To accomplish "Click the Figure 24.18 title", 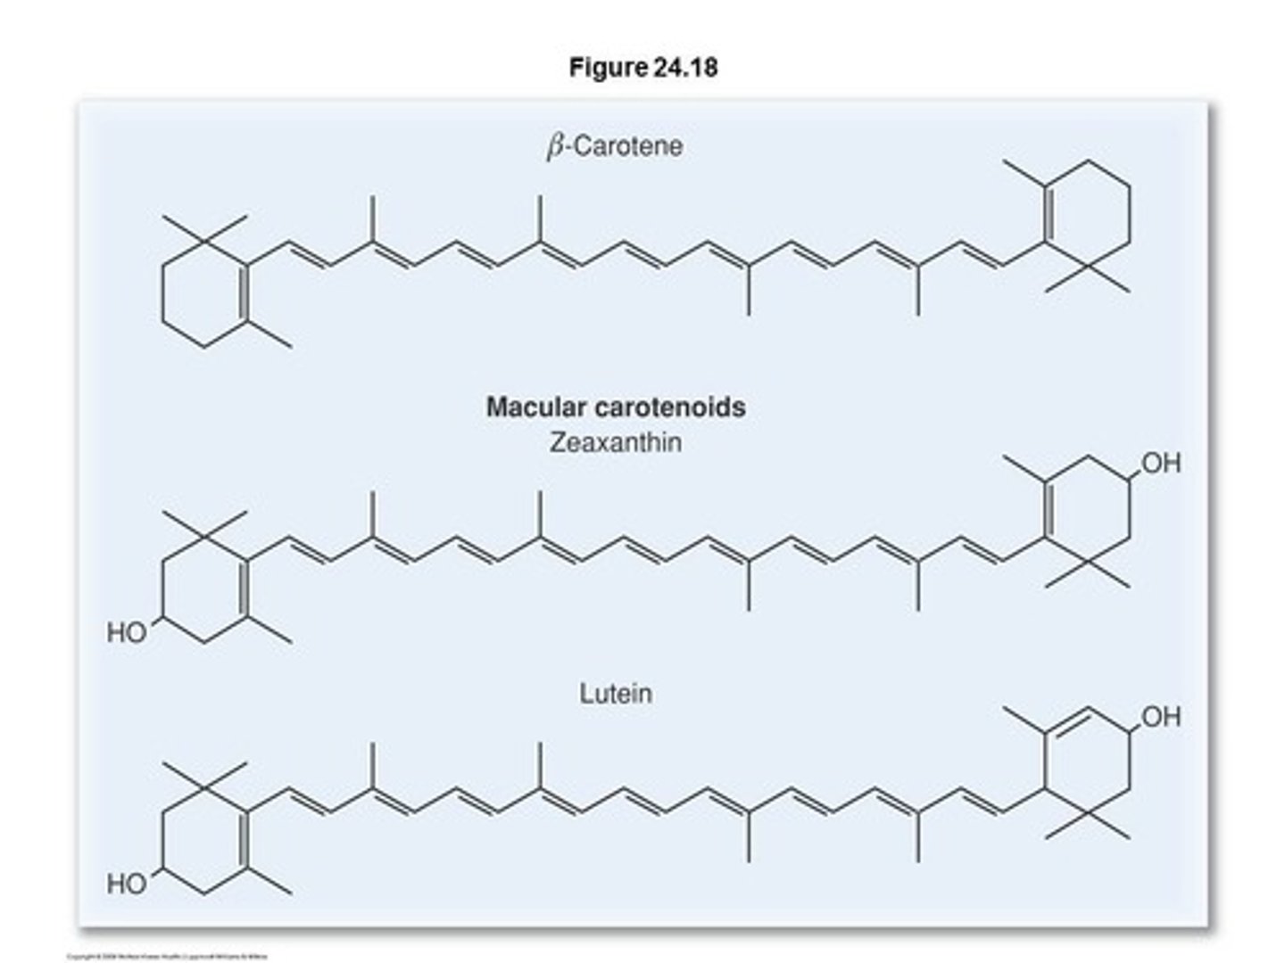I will [642, 68].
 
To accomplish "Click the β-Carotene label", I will [615, 146].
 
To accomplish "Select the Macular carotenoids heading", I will [616, 407].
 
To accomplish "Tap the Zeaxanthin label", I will [615, 442].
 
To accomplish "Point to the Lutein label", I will [615, 694].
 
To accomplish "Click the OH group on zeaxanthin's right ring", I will [1160, 464].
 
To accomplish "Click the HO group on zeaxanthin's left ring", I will [127, 633].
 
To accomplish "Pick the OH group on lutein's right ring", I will [1160, 717].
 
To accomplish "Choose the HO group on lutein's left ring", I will [127, 885].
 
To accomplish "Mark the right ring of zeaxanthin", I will [1087, 510].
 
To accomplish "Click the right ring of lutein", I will [1087, 762].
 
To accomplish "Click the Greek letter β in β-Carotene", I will [555, 147].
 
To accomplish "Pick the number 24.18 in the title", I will [685, 68].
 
